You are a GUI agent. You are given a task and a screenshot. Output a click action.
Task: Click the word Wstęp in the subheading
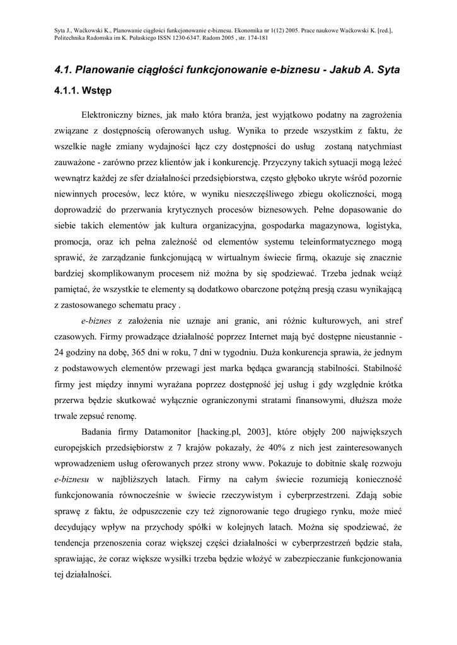tap(96, 91)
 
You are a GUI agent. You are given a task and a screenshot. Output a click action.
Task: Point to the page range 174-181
tap(259, 37)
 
